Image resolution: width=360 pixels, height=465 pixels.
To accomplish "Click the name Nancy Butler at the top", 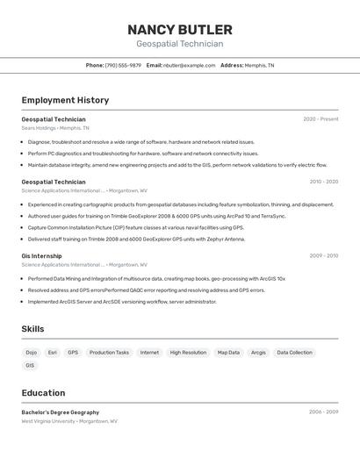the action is pos(179,29).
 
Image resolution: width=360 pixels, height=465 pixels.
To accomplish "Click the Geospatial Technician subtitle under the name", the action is pos(179,44).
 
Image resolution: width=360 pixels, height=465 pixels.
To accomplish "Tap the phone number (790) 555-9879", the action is pos(123,65).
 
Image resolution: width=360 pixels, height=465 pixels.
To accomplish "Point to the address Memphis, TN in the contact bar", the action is pos(259,65).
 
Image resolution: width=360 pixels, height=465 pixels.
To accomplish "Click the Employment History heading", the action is pos(65,100).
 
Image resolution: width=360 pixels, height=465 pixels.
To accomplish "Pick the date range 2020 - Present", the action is pos(320,119).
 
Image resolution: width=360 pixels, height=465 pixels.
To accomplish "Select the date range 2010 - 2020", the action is pos(323,182).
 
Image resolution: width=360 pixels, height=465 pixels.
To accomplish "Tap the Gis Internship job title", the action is pos(41,256).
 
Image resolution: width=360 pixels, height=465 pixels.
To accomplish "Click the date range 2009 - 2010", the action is pos(323,256).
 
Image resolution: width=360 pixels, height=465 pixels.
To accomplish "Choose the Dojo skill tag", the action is pos(31,353).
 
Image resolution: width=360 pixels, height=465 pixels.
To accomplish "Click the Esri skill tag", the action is pos(53,353).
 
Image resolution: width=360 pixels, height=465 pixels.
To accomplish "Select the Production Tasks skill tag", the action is pos(109,353).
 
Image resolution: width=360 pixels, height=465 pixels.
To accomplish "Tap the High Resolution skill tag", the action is pos(188,353).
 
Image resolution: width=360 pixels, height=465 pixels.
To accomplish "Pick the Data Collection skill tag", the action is pos(294,353).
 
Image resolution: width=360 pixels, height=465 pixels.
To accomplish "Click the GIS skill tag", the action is pos(30,366).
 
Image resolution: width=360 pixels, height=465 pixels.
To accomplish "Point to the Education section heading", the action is pos(43,393).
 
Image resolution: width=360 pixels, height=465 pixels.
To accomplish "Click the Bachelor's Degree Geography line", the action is pos(60,412).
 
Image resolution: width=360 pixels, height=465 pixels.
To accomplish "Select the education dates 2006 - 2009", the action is pos(323,412).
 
